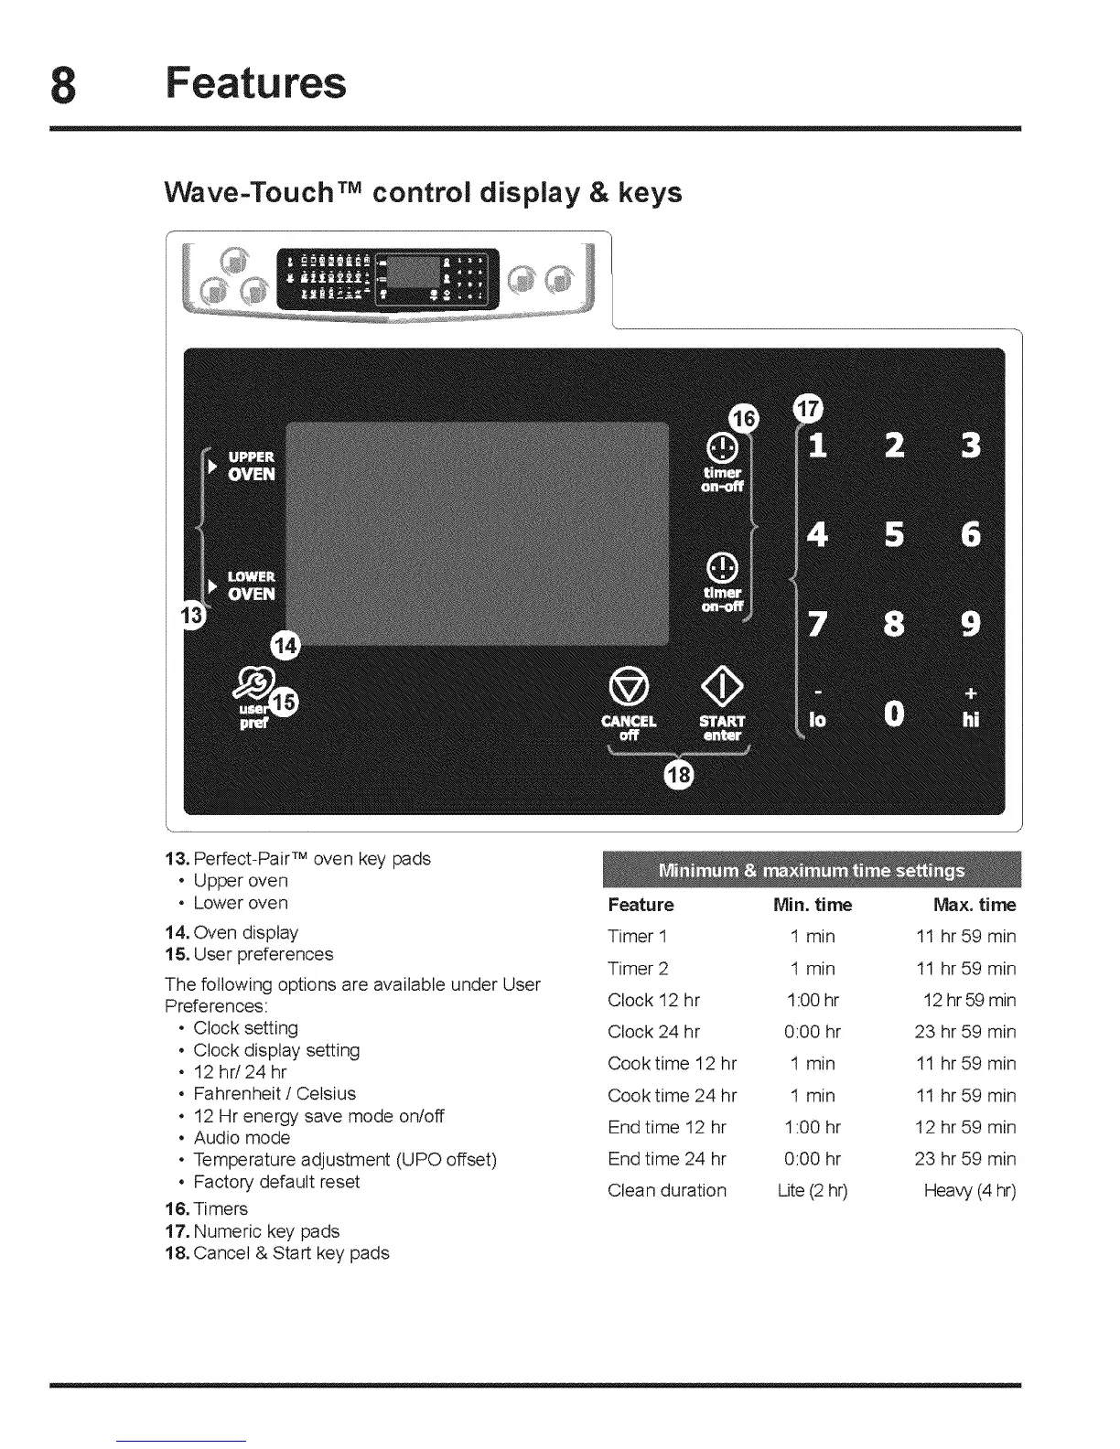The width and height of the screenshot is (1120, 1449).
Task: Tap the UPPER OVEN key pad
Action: [250, 466]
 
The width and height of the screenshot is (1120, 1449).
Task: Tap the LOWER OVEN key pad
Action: [250, 585]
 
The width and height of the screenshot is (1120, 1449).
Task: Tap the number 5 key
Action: [894, 534]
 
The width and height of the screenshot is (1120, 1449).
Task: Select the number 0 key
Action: [894, 714]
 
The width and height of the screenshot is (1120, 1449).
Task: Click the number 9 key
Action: [971, 624]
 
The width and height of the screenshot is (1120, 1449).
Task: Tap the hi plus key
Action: [971, 707]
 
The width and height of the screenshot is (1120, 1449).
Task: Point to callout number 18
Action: [680, 775]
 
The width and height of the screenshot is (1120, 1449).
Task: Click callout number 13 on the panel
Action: [194, 615]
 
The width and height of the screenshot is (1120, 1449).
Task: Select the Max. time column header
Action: [975, 905]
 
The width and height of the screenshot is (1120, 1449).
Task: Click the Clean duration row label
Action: [667, 1190]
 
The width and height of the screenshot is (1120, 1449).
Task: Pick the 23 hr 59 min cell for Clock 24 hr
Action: [965, 1032]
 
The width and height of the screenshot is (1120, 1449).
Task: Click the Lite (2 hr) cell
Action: [813, 1190]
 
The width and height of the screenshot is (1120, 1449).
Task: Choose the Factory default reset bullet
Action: [276, 1182]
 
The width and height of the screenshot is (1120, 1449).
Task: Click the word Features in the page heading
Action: [256, 82]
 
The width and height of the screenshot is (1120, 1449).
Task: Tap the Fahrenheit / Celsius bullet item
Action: [275, 1094]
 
